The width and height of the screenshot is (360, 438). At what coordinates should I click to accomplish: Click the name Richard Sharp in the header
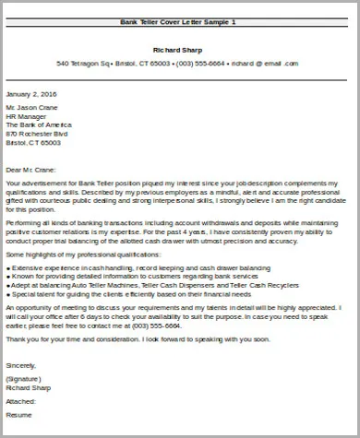[177, 50]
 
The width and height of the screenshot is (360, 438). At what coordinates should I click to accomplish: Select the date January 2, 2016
[30, 93]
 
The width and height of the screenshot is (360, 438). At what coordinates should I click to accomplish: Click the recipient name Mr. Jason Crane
[32, 110]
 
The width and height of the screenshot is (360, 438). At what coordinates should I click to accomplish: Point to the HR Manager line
[26, 118]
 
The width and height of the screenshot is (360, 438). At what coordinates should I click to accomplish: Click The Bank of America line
[39, 126]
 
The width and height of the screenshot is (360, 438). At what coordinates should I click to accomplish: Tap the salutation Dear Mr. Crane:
[31, 169]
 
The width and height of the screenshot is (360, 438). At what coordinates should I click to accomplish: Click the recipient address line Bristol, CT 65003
[34, 143]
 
